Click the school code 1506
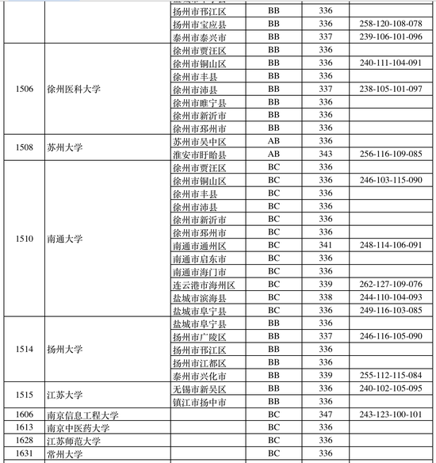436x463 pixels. point(25,89)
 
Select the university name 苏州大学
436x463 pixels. point(64,147)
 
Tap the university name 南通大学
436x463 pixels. point(64,239)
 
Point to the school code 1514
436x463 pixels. point(25,349)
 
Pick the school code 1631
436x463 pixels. point(25,453)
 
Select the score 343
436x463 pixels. point(326,154)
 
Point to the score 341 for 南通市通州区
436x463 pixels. point(326,245)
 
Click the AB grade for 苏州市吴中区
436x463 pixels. point(273,141)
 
